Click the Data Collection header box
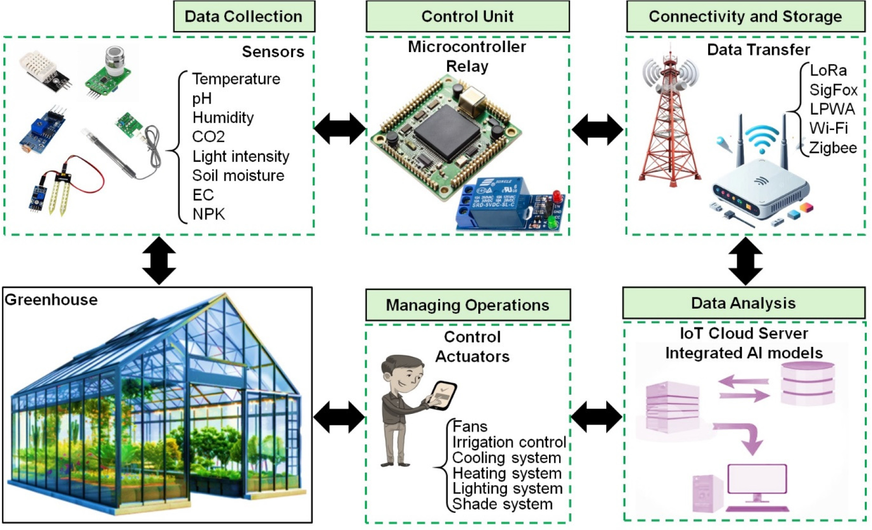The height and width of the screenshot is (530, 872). coord(244,17)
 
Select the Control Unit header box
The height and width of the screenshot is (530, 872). coord(467,17)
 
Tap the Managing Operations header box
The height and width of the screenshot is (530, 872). coord(467,305)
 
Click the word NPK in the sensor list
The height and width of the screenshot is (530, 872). coord(209,214)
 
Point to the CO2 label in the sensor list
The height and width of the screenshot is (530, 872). coord(208,137)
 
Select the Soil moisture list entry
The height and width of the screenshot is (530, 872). coord(238,175)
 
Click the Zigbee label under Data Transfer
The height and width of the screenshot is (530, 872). coord(833,148)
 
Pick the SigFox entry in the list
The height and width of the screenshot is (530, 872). coord(833,90)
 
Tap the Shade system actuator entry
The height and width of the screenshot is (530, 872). coord(502,504)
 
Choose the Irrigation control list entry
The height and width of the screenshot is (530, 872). coord(509,442)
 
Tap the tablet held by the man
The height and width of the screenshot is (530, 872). coord(442,394)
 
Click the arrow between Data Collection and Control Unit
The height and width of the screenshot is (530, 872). coord(340,129)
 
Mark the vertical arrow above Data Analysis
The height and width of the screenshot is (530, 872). coord(745,261)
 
